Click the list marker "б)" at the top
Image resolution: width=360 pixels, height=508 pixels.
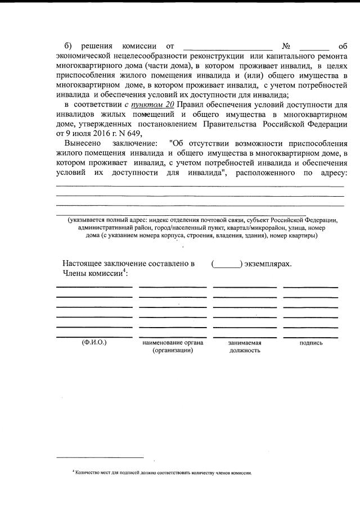[68, 46]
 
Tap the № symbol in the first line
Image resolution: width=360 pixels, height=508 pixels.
[286, 46]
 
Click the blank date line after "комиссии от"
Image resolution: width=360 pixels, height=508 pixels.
[228, 47]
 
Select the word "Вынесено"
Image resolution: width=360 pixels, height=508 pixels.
[82, 143]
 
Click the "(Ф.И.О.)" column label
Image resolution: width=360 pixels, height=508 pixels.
[94, 342]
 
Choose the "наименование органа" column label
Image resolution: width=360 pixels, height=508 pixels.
[173, 342]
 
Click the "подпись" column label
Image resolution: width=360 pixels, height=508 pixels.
[311, 342]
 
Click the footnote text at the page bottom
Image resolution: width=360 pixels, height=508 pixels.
[163, 473]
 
